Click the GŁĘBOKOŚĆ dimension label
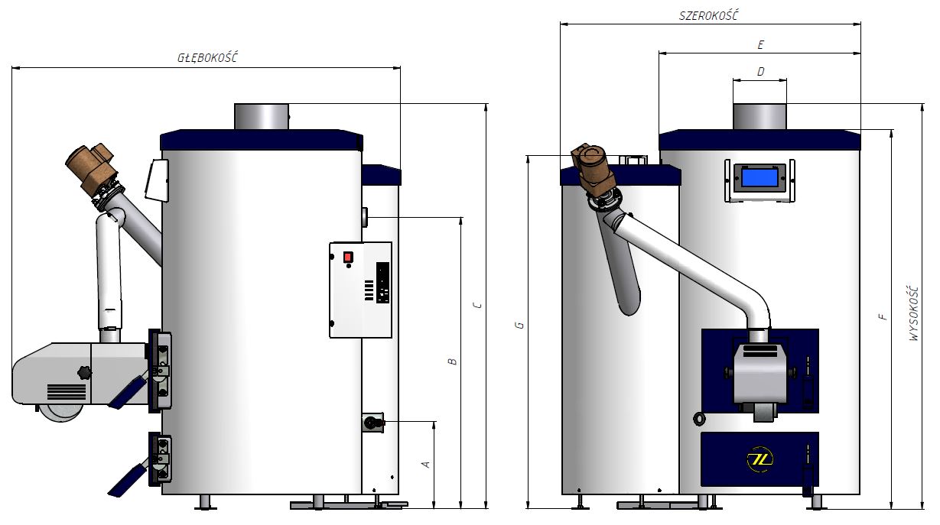(x=207, y=57)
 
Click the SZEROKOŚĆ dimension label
(x=708, y=15)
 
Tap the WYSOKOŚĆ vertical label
(x=914, y=313)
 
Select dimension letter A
(x=426, y=465)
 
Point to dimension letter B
(x=452, y=361)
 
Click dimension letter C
(x=477, y=305)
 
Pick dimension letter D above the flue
(x=760, y=72)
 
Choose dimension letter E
(x=760, y=44)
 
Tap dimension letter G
(x=520, y=325)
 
